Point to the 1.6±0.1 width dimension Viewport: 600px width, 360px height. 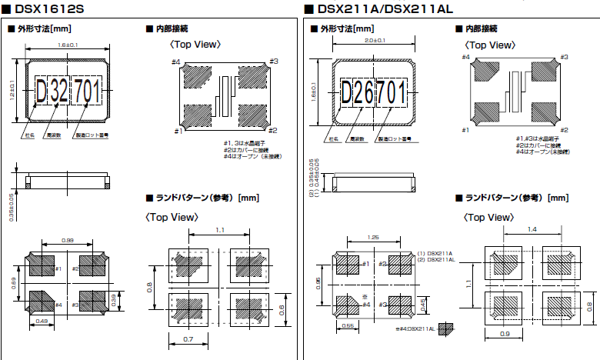click(x=67, y=45)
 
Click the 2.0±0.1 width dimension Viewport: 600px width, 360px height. click(x=375, y=40)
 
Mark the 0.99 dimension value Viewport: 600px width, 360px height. click(x=67, y=241)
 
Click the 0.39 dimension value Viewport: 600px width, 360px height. click(x=113, y=298)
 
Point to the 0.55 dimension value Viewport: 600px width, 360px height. click(x=347, y=326)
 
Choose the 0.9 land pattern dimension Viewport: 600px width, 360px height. click(x=504, y=333)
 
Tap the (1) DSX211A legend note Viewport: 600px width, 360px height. click(x=435, y=253)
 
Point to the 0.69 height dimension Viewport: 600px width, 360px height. click(x=13, y=284)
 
